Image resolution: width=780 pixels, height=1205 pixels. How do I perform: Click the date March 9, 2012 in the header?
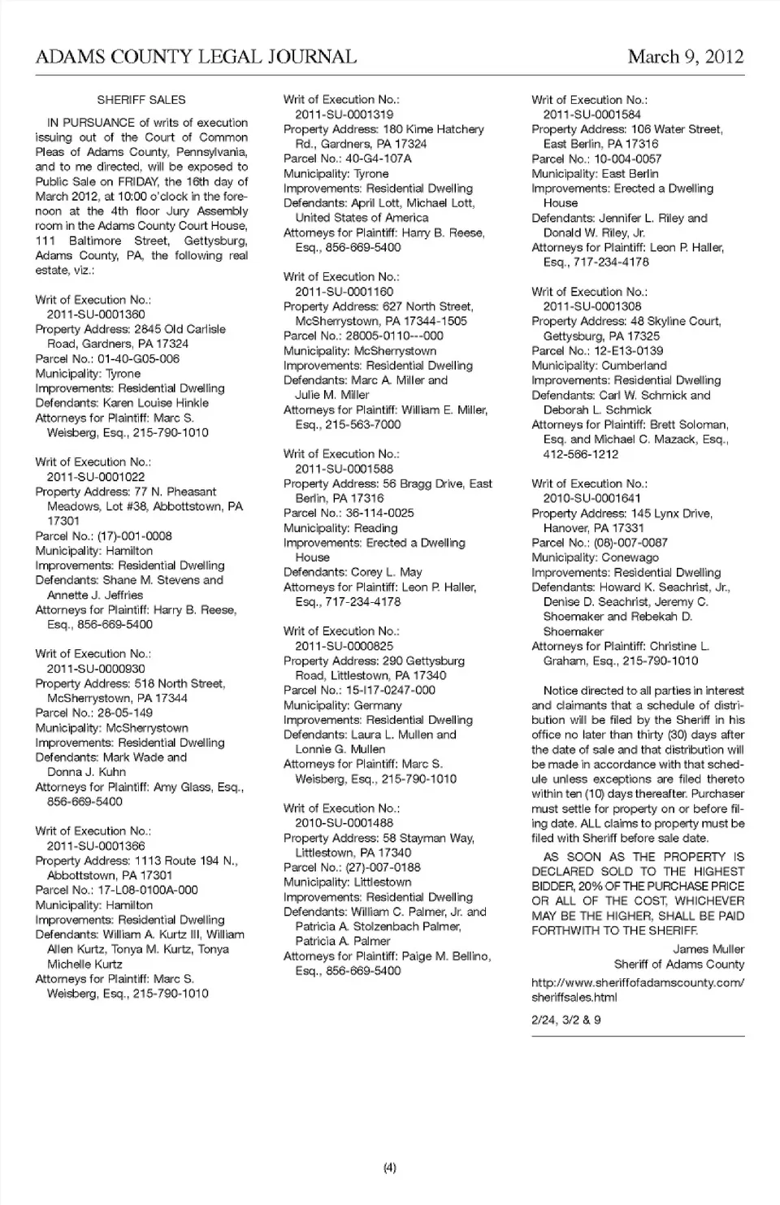click(685, 57)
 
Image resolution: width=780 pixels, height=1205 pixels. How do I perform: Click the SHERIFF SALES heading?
click(141, 100)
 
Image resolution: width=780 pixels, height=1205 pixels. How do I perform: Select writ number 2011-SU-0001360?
click(96, 314)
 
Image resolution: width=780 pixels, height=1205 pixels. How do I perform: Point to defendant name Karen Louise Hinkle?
click(155, 403)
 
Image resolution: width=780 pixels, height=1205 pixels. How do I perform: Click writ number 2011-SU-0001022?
click(96, 477)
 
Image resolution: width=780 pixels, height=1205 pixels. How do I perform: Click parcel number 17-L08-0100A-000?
click(147, 890)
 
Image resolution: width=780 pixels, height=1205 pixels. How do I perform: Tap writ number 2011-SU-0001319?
click(344, 115)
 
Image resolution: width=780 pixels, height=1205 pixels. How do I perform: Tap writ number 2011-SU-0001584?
click(591, 115)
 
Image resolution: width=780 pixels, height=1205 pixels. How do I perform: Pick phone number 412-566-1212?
click(581, 454)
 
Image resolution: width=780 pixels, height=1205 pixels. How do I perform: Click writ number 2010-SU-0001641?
click(591, 498)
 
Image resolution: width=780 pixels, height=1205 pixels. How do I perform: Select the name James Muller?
click(708, 949)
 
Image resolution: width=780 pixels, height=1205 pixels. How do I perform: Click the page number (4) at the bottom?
click(390, 1168)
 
